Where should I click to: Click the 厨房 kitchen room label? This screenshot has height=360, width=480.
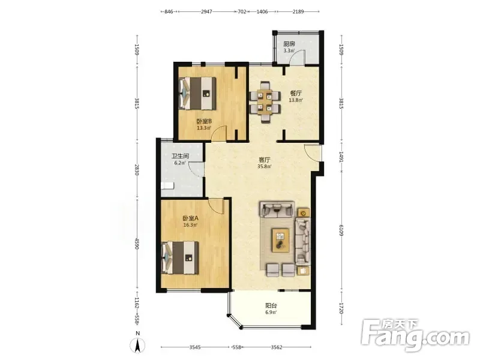[289, 44]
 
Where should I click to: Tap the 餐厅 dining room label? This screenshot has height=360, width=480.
[296, 93]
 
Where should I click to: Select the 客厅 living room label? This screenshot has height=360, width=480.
[265, 160]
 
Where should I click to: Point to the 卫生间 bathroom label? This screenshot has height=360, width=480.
[181, 156]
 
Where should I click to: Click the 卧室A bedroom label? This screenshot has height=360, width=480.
[190, 218]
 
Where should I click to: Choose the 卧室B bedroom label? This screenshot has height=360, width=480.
[204, 121]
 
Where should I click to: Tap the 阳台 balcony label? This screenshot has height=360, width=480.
[271, 305]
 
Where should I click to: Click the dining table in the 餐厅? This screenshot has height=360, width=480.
[265, 102]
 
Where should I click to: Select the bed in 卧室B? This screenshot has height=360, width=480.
[197, 93]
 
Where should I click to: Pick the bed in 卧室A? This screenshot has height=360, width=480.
[180, 258]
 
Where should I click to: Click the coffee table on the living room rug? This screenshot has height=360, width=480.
[281, 241]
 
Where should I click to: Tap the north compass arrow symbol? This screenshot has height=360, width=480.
[138, 346]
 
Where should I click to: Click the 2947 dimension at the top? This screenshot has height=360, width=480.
[206, 11]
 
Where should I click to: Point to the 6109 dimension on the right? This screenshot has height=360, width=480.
[341, 230]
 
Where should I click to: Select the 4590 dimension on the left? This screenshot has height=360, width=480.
[137, 244]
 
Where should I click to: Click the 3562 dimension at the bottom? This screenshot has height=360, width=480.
[277, 347]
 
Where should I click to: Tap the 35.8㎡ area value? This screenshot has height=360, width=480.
[265, 167]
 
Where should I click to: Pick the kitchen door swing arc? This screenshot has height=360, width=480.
[296, 55]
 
